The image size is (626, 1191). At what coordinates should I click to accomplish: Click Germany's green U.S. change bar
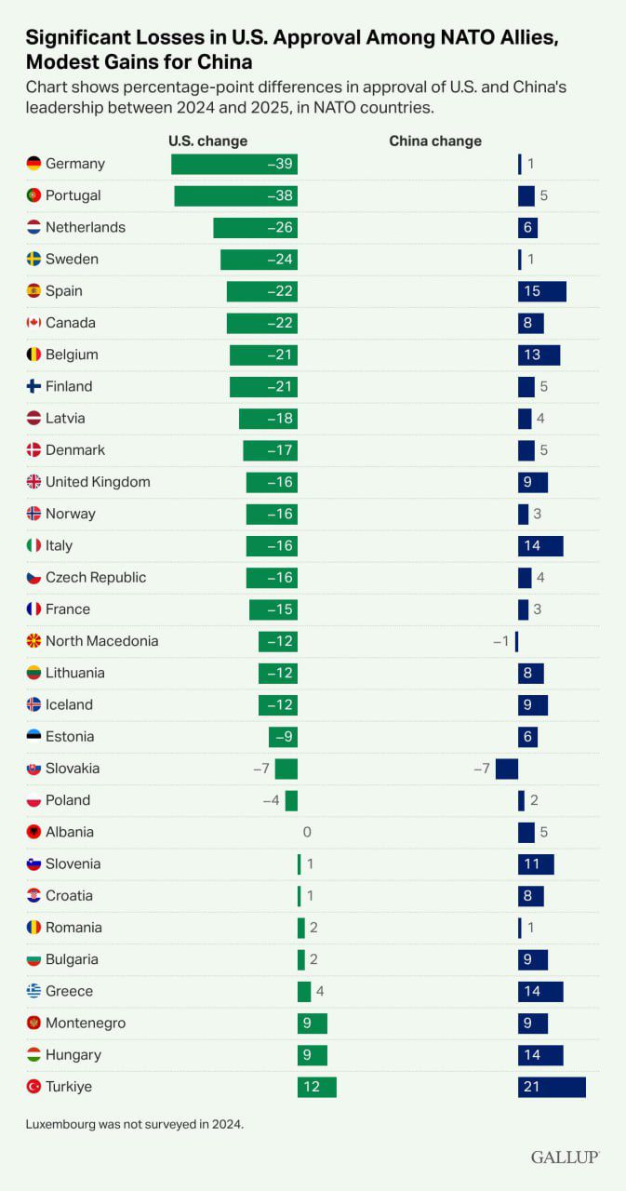coord(233,164)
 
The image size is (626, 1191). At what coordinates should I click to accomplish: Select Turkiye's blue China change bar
coord(552,1087)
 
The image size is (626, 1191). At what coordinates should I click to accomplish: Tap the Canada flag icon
coord(33,323)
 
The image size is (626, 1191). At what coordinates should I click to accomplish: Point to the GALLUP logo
coord(565,1157)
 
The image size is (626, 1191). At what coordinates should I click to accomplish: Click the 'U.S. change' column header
coord(207,141)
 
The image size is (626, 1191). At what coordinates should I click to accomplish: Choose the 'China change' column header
coord(434,141)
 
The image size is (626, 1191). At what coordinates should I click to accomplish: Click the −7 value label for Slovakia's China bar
coord(481,769)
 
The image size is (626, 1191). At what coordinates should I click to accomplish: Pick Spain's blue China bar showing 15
coord(541,291)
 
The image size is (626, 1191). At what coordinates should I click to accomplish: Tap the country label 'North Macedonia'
coord(101,641)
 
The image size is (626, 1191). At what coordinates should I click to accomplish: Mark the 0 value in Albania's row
coord(307,832)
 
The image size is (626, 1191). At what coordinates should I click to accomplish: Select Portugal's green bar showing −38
coord(235,195)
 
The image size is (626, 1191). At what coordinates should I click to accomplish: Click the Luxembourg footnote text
coord(134,1124)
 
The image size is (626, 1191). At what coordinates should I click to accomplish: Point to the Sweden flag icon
coord(33,259)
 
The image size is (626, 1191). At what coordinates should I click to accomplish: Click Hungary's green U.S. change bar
coord(313,1055)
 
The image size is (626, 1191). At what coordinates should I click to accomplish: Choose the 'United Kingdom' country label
coord(98,482)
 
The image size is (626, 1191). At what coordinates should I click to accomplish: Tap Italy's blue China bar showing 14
coord(540,545)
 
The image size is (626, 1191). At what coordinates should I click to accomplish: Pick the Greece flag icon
coord(33,991)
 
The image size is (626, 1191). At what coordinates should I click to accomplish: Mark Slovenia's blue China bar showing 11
coord(536,863)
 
